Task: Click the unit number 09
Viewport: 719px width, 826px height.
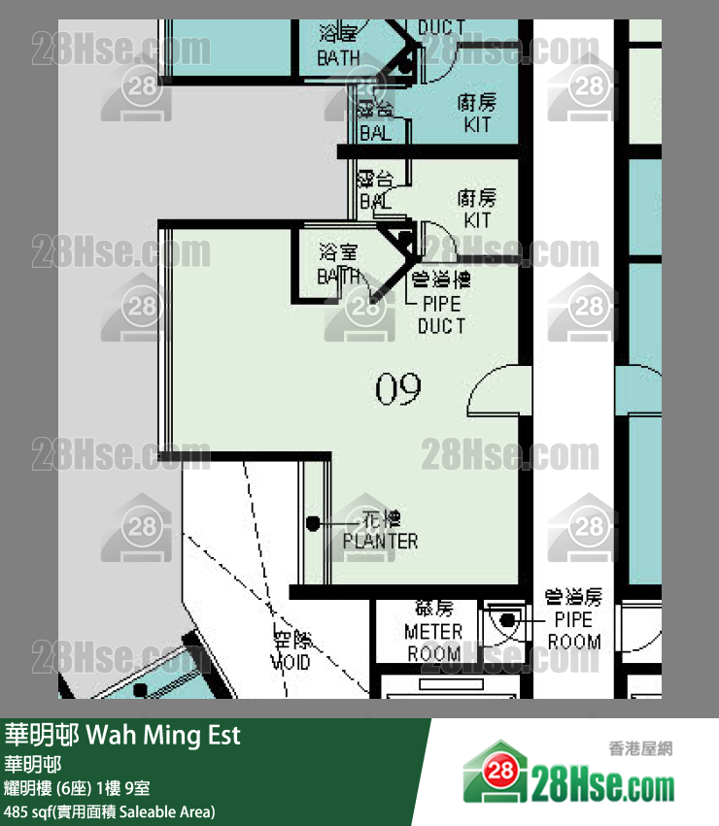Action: pyautogui.click(x=398, y=390)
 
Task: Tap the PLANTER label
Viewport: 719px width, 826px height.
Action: pyautogui.click(x=381, y=541)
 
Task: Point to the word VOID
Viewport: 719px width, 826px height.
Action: pyautogui.click(x=291, y=662)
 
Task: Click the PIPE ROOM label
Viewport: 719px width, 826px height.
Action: pyautogui.click(x=573, y=630)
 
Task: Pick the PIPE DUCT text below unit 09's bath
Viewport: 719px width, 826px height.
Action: pyautogui.click(x=441, y=315)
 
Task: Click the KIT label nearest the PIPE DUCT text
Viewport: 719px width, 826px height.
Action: pyautogui.click(x=477, y=220)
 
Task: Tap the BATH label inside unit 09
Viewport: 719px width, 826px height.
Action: pyautogui.click(x=339, y=276)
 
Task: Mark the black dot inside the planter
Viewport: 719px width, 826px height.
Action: pyautogui.click(x=313, y=524)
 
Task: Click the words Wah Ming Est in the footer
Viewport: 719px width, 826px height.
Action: pyautogui.click(x=164, y=735)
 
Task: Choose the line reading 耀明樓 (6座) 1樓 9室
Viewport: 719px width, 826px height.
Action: pyautogui.click(x=77, y=788)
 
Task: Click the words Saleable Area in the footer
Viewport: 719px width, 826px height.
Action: pyautogui.click(x=164, y=810)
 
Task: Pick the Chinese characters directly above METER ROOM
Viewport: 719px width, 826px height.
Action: pyautogui.click(x=433, y=609)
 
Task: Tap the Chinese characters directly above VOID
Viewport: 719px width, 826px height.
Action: pyautogui.click(x=291, y=641)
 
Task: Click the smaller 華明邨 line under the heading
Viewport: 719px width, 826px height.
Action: pyautogui.click(x=33, y=765)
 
